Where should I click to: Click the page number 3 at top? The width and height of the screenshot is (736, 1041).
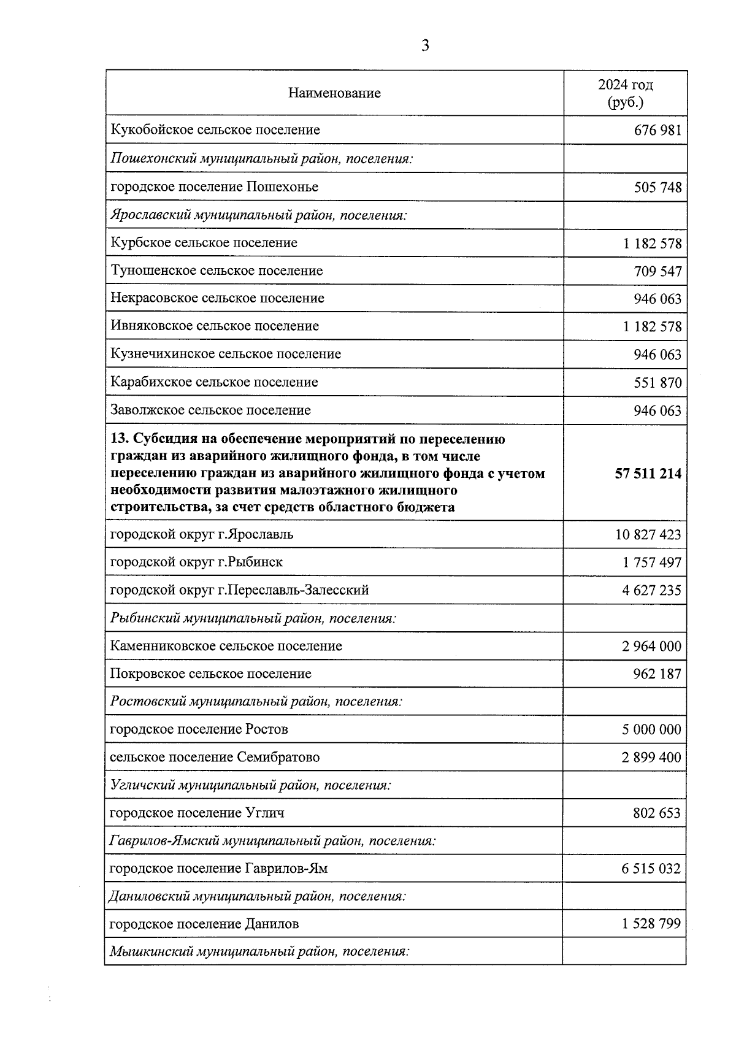(x=425, y=46)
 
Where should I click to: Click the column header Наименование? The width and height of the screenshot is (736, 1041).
(x=334, y=93)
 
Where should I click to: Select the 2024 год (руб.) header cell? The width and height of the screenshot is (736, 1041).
(x=625, y=93)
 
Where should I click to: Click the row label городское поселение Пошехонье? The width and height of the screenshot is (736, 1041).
(x=214, y=186)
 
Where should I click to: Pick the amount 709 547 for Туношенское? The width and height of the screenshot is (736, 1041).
(x=657, y=271)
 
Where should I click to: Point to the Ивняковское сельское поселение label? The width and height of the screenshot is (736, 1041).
(x=215, y=326)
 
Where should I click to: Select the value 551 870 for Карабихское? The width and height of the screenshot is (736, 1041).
(x=657, y=383)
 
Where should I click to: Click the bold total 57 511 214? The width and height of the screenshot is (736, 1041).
(x=648, y=474)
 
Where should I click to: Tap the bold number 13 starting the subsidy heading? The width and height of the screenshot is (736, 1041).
(x=118, y=439)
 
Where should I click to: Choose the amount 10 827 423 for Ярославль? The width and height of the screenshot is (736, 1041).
(x=648, y=535)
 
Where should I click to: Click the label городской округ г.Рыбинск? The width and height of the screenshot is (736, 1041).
(x=196, y=562)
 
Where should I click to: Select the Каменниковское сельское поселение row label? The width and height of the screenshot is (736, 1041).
(x=226, y=646)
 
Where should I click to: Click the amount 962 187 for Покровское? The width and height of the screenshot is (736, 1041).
(x=656, y=674)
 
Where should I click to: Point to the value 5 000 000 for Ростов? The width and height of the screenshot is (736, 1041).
(x=651, y=730)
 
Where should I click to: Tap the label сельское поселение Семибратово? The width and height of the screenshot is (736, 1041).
(x=214, y=757)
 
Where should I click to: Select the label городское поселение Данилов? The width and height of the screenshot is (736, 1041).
(x=204, y=924)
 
